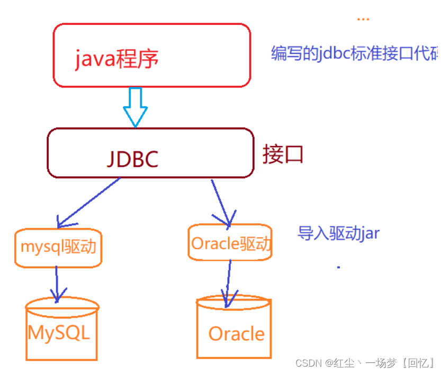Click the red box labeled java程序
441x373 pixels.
click(151, 55)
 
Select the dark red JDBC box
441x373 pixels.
click(150, 153)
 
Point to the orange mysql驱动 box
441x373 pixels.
click(58, 247)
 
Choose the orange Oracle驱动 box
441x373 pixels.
click(230, 243)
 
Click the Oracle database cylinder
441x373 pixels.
click(234, 328)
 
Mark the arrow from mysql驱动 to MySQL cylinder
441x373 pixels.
click(57, 284)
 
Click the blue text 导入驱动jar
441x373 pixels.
click(338, 233)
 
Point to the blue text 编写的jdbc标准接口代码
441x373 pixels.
click(355, 53)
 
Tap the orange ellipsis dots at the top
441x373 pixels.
click(363, 20)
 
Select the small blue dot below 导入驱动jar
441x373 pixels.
click(338, 268)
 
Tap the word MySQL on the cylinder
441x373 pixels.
click(59, 333)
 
